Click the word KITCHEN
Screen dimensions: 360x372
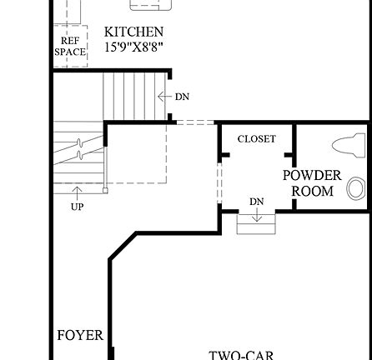pyautogui.click(x=133, y=32)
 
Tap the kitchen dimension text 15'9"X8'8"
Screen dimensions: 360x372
pyautogui.click(x=133, y=47)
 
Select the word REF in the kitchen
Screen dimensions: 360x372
pyautogui.click(x=70, y=40)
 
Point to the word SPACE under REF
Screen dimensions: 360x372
pyautogui.click(x=70, y=52)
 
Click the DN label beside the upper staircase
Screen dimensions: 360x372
pyautogui.click(x=182, y=97)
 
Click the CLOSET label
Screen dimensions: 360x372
pyautogui.click(x=256, y=139)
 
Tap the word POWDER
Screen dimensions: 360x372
pyautogui.click(x=312, y=176)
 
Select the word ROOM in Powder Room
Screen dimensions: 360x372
pyautogui.click(x=313, y=192)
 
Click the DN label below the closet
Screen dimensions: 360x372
pyautogui.click(x=257, y=202)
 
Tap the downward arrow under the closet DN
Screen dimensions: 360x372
pyautogui.click(x=257, y=216)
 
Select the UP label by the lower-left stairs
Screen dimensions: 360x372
pyautogui.click(x=77, y=207)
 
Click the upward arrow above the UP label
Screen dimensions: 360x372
pyautogui.click(x=77, y=193)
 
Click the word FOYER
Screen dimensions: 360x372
pyautogui.click(x=80, y=336)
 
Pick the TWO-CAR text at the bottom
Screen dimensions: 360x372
pyautogui.click(x=241, y=355)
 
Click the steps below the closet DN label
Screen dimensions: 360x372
pyautogui.click(x=256, y=224)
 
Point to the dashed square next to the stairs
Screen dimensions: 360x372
pyautogui.click(x=137, y=153)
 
